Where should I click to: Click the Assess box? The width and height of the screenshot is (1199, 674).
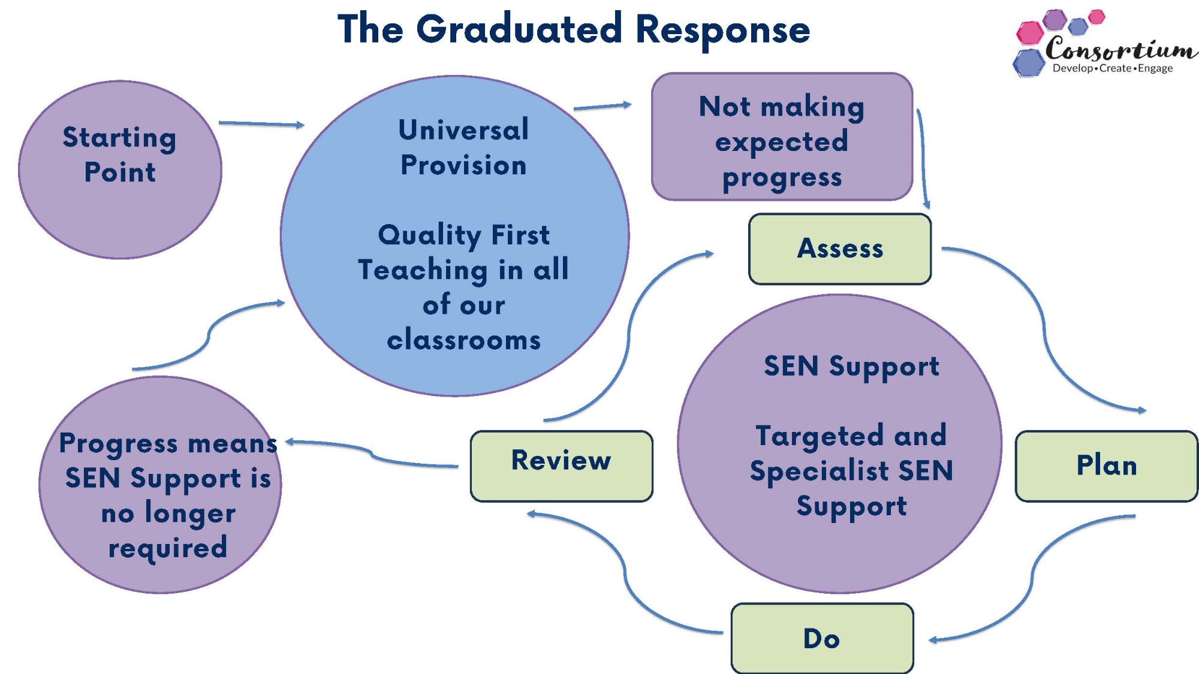pyautogui.click(x=840, y=249)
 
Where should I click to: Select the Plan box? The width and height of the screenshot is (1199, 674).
pyautogui.click(x=1107, y=466)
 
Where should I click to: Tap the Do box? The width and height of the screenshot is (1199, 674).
pyautogui.click(x=822, y=639)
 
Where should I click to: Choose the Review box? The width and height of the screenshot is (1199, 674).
pyautogui.click(x=561, y=466)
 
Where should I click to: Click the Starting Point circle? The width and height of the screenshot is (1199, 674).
pyautogui.click(x=120, y=170)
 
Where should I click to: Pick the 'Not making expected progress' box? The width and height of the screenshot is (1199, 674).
pyautogui.click(x=782, y=137)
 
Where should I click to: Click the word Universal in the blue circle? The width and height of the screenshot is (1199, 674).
pyautogui.click(x=463, y=130)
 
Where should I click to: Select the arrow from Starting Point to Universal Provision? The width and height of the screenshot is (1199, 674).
pyautogui.click(x=261, y=124)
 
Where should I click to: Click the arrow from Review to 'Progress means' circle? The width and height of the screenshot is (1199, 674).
pyautogui.click(x=372, y=455)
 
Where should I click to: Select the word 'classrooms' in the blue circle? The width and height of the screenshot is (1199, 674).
pyautogui.click(x=463, y=340)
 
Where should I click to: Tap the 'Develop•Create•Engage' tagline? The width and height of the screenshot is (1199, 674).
pyautogui.click(x=1113, y=68)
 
